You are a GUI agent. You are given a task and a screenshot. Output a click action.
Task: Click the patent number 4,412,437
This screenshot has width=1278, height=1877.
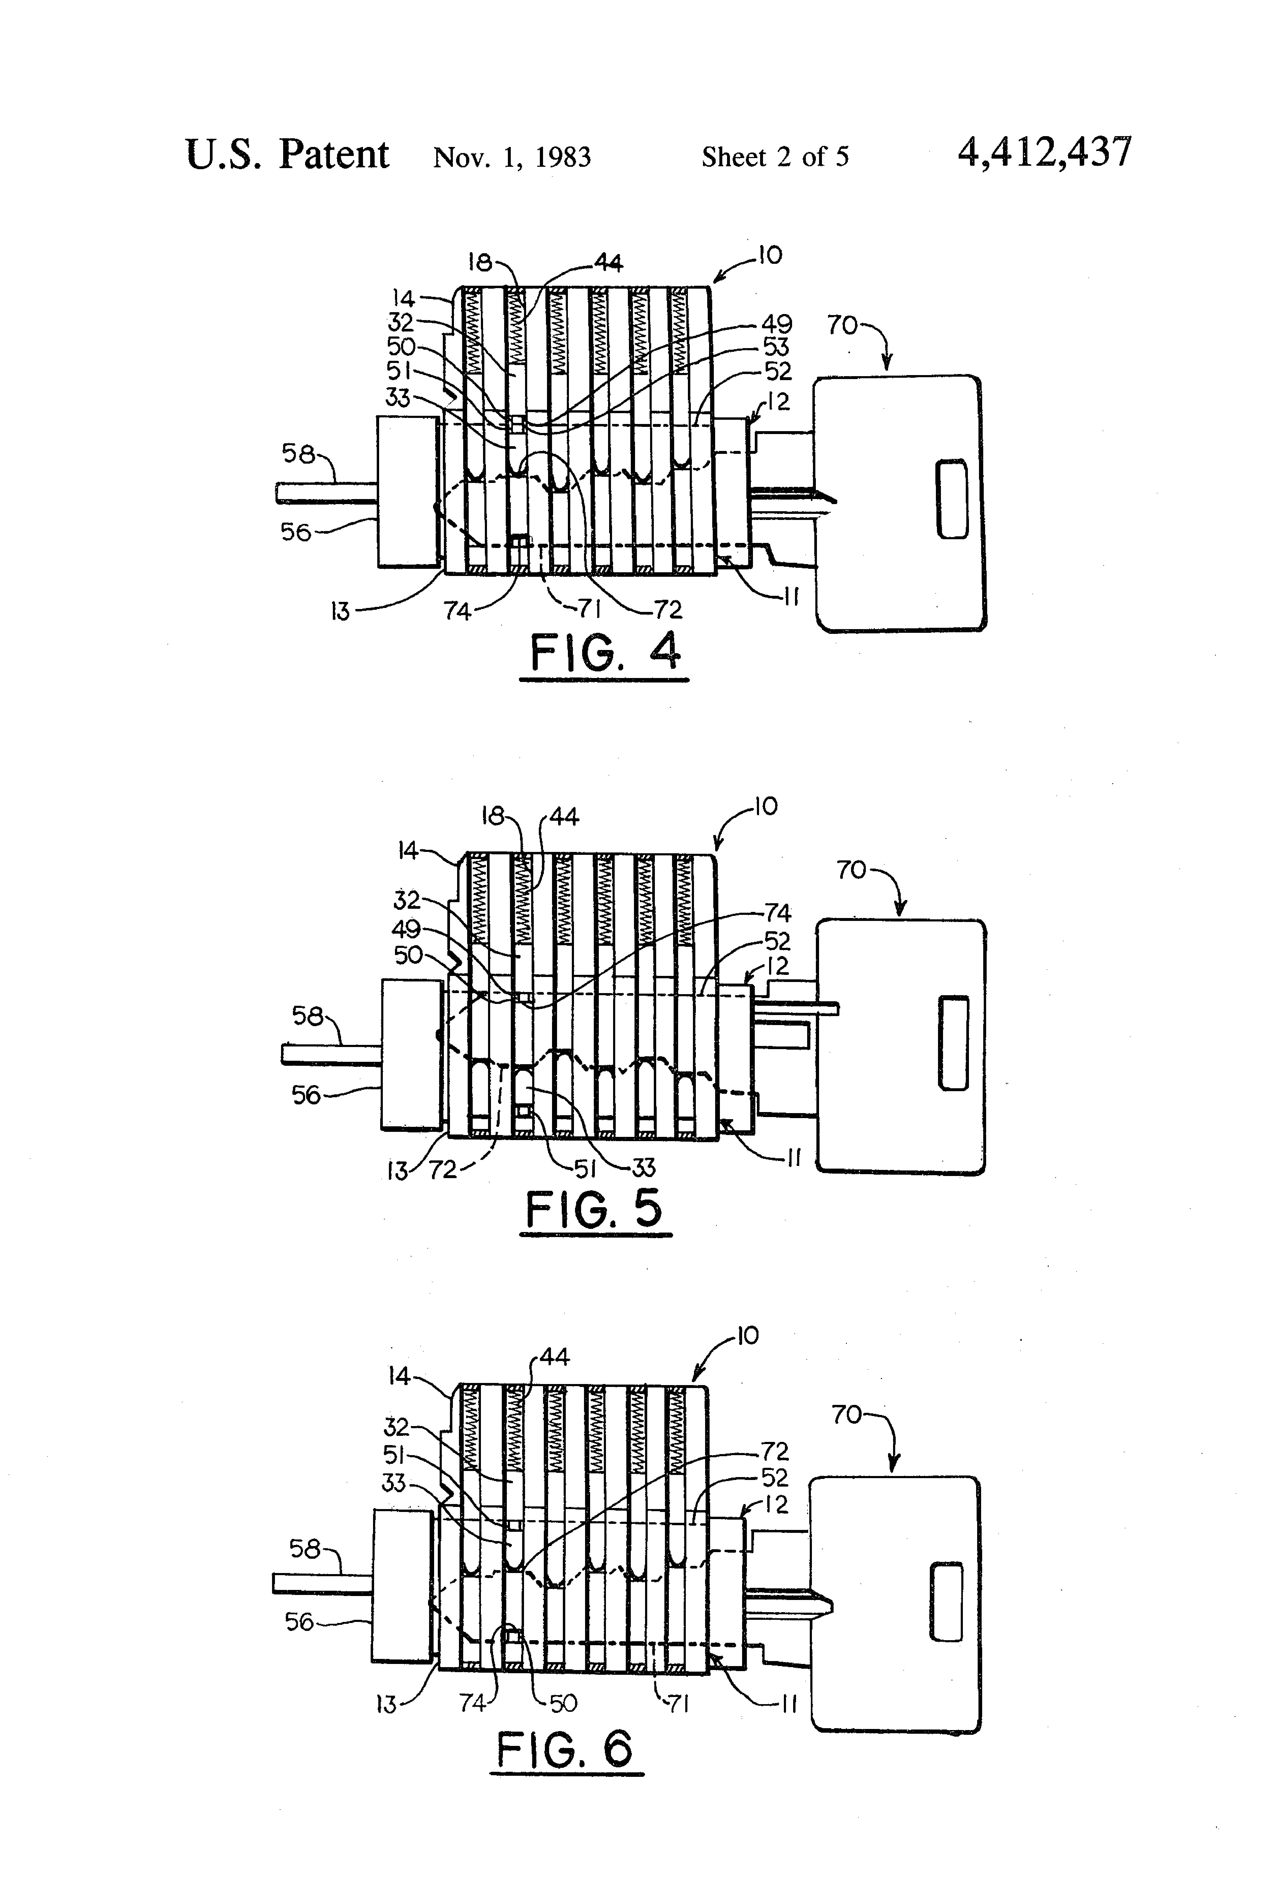[1045, 153]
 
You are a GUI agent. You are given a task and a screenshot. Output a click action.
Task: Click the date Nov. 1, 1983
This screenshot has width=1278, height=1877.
[512, 157]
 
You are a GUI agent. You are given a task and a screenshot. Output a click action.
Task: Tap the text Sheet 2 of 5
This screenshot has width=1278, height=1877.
[775, 157]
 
